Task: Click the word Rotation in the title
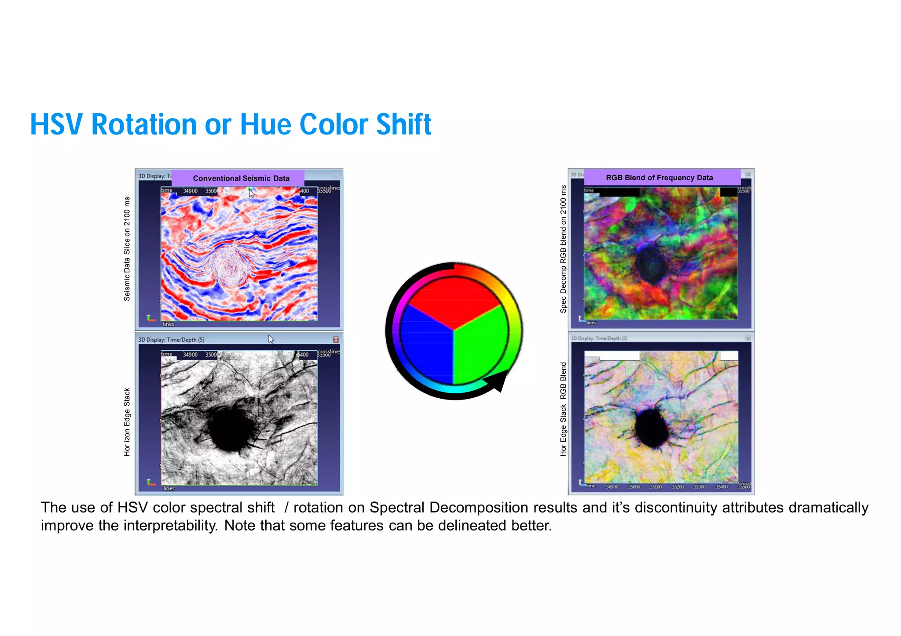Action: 144,124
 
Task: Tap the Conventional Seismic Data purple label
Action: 241,178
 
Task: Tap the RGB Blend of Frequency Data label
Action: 659,178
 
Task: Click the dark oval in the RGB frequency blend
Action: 651,264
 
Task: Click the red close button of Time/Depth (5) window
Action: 336,340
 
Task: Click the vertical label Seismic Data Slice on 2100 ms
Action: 127,249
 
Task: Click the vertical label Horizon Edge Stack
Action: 127,422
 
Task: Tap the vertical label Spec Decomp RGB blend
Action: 563,249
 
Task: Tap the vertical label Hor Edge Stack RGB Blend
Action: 563,409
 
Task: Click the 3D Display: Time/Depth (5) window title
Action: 172,340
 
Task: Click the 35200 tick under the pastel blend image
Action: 678,487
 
